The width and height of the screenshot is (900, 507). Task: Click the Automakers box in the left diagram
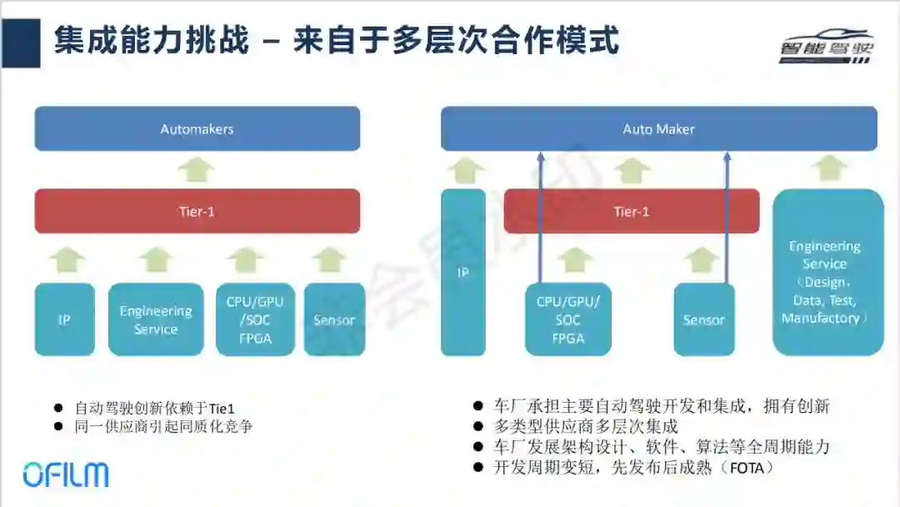(x=197, y=129)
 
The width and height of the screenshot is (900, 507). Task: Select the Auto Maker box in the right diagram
(x=658, y=129)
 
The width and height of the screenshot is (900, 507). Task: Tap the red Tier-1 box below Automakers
(x=197, y=212)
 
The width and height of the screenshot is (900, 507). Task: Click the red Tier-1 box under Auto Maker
(x=631, y=212)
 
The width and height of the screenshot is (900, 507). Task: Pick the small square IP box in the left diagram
(x=64, y=319)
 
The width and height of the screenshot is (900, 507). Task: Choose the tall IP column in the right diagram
(x=462, y=272)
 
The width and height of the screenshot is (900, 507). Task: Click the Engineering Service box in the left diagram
(x=156, y=319)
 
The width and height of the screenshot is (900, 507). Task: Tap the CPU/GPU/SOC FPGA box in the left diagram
(x=255, y=319)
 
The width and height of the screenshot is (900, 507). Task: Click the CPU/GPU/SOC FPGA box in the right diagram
(x=568, y=319)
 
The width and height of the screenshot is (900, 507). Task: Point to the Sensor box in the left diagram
(x=334, y=319)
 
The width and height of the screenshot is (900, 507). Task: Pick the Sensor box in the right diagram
(x=704, y=319)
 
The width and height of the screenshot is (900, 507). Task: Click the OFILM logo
(x=66, y=474)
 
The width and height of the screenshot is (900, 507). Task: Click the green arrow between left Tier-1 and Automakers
(x=197, y=169)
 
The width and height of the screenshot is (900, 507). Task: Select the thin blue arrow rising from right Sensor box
(x=727, y=217)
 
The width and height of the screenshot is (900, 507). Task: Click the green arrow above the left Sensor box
(x=331, y=259)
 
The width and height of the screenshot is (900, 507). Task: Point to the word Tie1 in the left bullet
(x=221, y=409)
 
